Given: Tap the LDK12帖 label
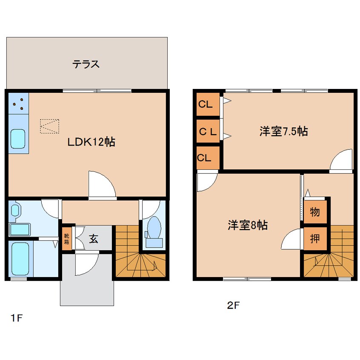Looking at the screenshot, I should (91, 142).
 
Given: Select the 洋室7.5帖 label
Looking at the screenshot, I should (283, 131).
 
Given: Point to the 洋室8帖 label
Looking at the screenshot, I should (248, 226).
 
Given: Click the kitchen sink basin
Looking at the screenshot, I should (18, 139).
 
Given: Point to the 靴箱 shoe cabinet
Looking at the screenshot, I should (67, 239).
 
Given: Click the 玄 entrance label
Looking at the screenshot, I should (93, 239).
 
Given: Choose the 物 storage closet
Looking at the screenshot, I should (315, 212).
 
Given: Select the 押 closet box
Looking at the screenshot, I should (315, 239).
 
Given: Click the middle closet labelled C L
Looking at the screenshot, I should (208, 131).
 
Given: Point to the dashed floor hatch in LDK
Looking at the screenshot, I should (50, 126).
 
